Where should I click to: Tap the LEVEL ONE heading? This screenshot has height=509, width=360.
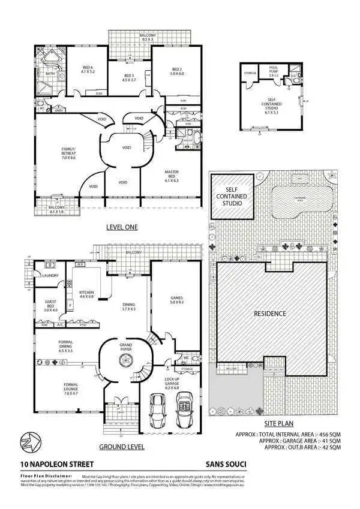[x=122, y=227]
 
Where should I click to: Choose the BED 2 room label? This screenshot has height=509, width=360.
[x=176, y=70]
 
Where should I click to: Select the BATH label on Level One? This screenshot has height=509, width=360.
[x=50, y=74]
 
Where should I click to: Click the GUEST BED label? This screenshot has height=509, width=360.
[x=50, y=308]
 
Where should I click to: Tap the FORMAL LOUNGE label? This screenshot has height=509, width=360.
[x=71, y=387]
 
